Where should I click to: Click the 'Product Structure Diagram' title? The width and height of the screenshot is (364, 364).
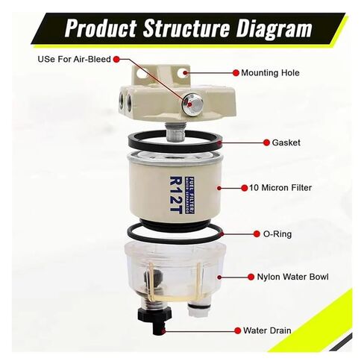tap(187, 29)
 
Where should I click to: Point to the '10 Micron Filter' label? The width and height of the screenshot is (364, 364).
tap(280, 187)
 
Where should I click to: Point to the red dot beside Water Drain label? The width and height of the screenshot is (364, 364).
tap(236, 329)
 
